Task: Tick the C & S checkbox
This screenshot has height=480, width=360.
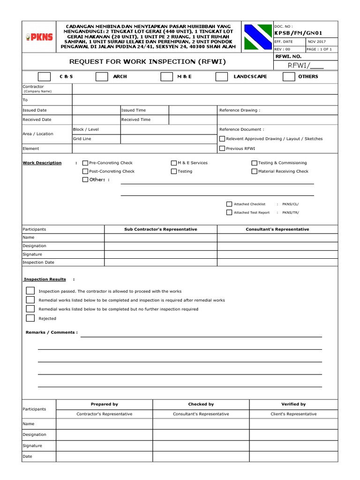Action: point(44,77)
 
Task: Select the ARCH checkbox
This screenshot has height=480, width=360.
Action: point(101,77)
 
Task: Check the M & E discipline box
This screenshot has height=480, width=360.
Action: point(166,77)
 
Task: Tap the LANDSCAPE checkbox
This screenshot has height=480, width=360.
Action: point(222,77)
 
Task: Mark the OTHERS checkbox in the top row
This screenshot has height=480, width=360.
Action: point(289,77)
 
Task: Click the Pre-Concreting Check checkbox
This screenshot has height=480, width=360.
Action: point(85,163)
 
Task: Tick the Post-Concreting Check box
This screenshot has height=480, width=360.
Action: point(85,172)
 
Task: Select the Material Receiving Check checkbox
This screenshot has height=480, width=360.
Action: point(255,172)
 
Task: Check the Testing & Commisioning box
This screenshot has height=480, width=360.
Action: point(255,163)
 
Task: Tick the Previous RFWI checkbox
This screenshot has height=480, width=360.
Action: point(222,149)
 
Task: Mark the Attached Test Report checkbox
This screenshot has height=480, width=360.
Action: point(229,212)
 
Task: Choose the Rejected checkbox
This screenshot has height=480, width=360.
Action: point(30,318)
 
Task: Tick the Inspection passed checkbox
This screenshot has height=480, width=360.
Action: point(30,291)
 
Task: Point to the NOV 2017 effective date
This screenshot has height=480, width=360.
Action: point(317,42)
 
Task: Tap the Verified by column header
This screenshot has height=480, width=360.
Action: point(293,404)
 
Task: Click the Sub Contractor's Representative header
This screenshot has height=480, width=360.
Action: point(160,229)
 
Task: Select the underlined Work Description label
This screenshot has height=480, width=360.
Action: point(42,163)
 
